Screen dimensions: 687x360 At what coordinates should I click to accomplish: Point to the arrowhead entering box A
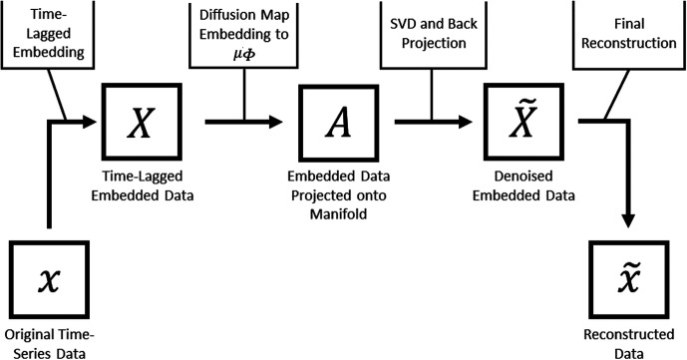(275, 122)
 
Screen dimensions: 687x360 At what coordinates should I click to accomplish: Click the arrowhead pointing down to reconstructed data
(629, 220)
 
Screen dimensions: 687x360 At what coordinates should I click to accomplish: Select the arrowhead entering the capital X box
(89, 122)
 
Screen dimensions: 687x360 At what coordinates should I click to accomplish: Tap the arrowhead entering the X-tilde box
(466, 122)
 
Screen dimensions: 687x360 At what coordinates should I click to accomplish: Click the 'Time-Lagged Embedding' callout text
(48, 33)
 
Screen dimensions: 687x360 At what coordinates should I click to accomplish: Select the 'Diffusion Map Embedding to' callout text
(244, 25)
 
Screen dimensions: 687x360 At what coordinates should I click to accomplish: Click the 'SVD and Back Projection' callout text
(434, 33)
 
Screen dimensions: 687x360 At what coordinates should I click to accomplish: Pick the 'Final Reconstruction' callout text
(629, 33)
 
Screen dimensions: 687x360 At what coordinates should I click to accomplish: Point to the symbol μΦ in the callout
(244, 55)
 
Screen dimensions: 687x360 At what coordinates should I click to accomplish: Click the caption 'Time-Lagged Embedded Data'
(143, 185)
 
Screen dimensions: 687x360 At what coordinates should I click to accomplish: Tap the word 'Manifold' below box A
(338, 214)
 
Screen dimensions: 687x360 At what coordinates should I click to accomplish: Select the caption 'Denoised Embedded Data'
(523, 185)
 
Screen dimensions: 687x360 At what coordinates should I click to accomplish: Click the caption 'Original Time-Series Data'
(50, 344)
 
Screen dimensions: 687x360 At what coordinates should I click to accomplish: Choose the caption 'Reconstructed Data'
(629, 344)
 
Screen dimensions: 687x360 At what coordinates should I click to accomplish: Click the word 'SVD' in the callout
(403, 24)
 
